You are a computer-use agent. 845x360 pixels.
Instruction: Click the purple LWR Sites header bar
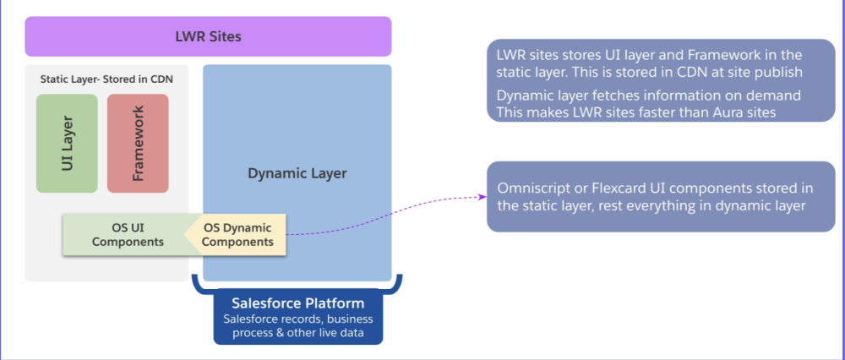(x=208, y=36)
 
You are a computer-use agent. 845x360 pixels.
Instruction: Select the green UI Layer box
(x=67, y=143)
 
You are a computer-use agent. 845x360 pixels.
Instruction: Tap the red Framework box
(x=138, y=143)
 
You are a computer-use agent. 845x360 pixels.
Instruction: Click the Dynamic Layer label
(x=297, y=173)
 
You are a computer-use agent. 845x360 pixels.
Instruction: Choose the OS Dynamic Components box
(x=239, y=234)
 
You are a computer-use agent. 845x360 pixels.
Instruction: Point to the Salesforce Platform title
(x=298, y=303)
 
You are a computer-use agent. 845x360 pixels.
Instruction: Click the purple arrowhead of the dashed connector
(x=483, y=197)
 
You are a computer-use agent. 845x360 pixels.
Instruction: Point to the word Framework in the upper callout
(x=723, y=55)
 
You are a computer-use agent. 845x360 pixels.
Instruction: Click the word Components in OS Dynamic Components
(x=239, y=242)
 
